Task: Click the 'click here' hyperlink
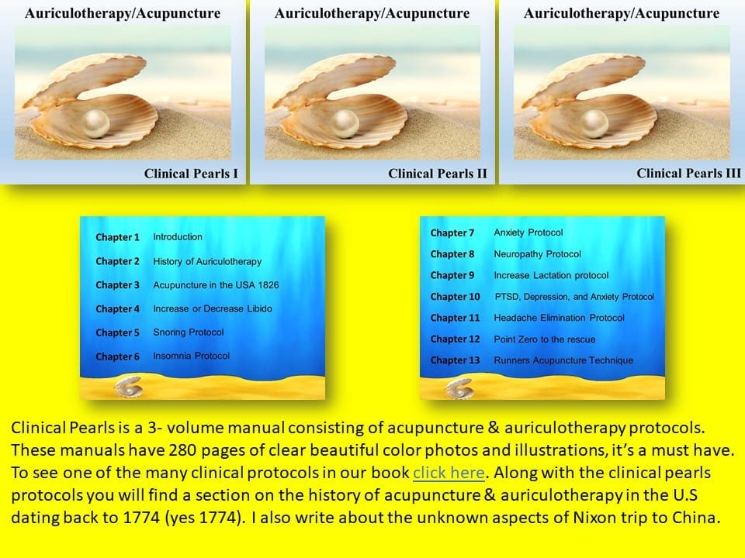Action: click(449, 473)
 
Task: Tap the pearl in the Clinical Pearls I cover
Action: click(95, 123)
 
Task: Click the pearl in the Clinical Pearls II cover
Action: click(345, 123)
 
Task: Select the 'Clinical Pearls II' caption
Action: click(438, 174)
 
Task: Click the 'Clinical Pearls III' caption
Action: click(688, 173)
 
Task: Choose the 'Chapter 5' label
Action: click(117, 332)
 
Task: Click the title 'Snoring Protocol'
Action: click(188, 332)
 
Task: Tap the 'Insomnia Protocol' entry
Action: click(191, 356)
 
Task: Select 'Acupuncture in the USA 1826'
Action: click(216, 284)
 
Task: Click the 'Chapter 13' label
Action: click(456, 360)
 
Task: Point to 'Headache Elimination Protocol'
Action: click(560, 318)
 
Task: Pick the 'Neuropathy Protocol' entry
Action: click(537, 254)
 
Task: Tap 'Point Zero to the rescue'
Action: click(545, 339)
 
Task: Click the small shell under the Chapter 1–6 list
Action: click(128, 387)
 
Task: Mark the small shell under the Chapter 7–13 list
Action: click(459, 388)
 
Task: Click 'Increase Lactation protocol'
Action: click(551, 276)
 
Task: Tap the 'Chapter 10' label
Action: click(456, 297)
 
